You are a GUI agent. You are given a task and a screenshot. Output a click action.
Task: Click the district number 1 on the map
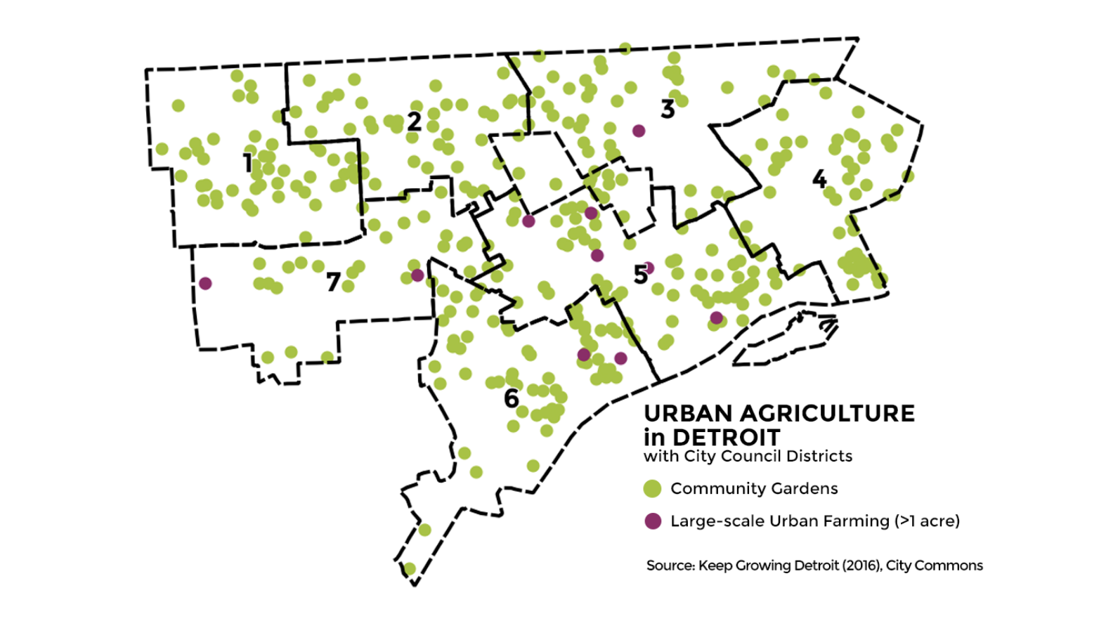[247, 163]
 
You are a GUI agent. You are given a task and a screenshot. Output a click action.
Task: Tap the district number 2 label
[415, 122]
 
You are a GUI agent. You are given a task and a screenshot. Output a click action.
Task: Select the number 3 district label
[668, 109]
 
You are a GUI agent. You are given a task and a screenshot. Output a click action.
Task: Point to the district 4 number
[819, 179]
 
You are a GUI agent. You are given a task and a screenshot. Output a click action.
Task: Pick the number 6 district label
[512, 398]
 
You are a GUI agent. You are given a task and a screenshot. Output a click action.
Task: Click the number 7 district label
[333, 282]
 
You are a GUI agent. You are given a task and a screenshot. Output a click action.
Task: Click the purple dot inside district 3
[639, 131]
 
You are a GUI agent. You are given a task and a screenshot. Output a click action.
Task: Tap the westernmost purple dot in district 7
[205, 283]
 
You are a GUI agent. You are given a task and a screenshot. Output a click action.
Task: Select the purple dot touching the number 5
[649, 268]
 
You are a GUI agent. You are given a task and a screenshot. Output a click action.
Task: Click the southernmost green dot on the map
[410, 568]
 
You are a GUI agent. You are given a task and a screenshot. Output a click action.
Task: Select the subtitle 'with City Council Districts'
[748, 457]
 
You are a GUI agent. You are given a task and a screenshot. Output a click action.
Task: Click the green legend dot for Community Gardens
[653, 488]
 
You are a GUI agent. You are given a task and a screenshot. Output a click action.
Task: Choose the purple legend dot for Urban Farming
[653, 521]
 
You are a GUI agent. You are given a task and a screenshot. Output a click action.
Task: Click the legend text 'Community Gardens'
[754, 488]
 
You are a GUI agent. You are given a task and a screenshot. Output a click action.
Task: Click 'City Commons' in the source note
[934, 566]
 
